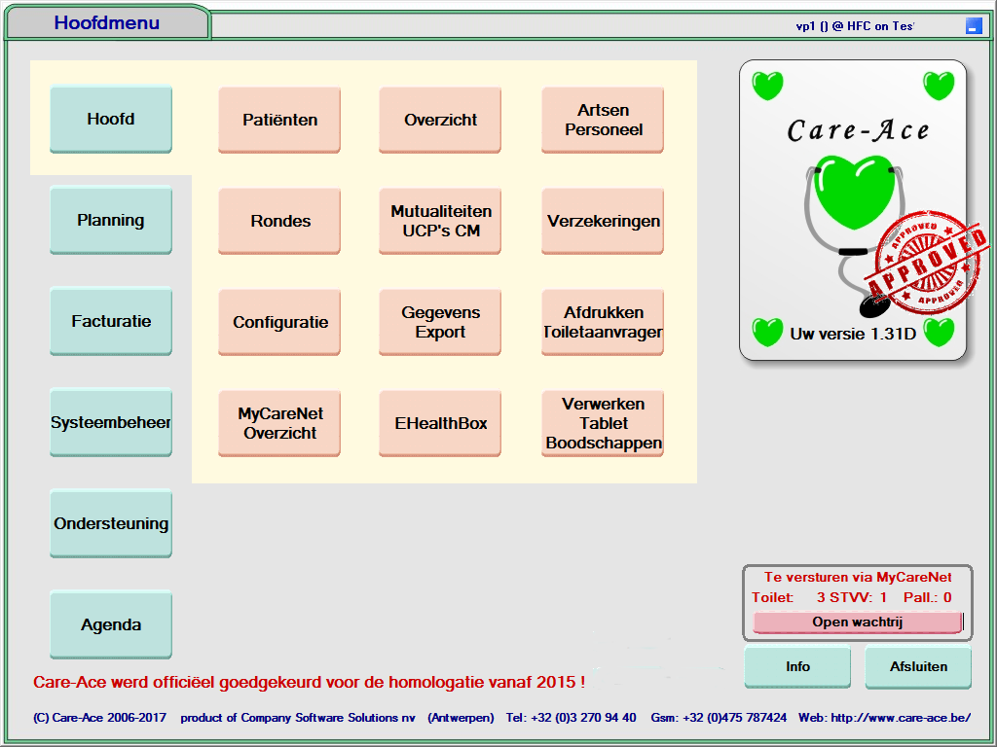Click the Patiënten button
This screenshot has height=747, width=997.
pyautogui.click(x=279, y=120)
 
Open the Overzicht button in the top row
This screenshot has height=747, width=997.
pyautogui.click(x=440, y=120)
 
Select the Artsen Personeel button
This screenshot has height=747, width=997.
pyautogui.click(x=603, y=120)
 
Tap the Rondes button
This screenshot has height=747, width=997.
pyautogui.click(x=279, y=221)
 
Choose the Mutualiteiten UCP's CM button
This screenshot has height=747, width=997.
pyautogui.click(x=440, y=221)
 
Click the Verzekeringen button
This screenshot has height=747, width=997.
pyautogui.click(x=603, y=221)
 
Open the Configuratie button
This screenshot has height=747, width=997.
pyautogui.click(x=279, y=322)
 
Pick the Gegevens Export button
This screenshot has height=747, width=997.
pyautogui.click(x=440, y=322)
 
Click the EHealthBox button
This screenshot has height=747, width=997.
pyautogui.click(x=440, y=423)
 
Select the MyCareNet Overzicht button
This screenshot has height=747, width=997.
pyautogui.click(x=279, y=423)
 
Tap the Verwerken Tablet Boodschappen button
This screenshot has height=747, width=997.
pyautogui.click(x=603, y=423)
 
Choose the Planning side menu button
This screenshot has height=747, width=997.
pyautogui.click(x=111, y=221)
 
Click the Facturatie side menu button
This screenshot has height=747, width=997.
pyautogui.click(x=111, y=322)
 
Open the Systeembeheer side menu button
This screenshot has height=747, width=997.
pyautogui.click(x=111, y=423)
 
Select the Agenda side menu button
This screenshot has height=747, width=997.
pyautogui.click(x=111, y=624)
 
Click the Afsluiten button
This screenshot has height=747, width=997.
pyautogui.click(x=918, y=667)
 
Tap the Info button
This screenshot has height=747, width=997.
pyautogui.click(x=797, y=667)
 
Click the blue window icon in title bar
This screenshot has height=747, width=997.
pyautogui.click(x=974, y=26)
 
